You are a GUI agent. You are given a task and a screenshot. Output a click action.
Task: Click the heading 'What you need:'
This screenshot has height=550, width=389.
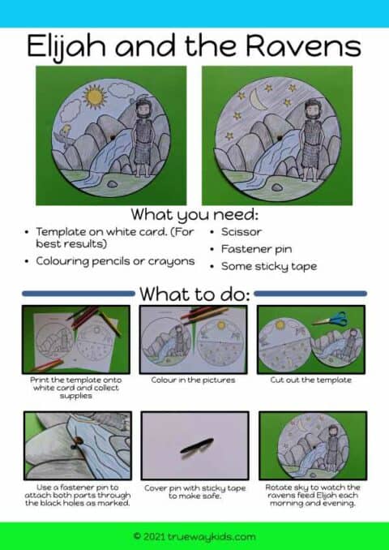(194, 215)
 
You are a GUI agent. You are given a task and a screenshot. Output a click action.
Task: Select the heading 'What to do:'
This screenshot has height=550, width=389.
(194, 293)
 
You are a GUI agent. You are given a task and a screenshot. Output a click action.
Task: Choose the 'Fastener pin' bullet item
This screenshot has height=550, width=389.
(258, 249)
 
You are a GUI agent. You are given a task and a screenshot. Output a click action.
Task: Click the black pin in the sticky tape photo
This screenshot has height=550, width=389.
(197, 445)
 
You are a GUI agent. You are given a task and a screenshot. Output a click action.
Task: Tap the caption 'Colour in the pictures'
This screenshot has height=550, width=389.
(194, 379)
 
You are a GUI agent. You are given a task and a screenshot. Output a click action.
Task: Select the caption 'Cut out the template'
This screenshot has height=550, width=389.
(312, 379)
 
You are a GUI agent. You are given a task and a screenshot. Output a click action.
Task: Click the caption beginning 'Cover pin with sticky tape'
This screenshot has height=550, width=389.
(194, 491)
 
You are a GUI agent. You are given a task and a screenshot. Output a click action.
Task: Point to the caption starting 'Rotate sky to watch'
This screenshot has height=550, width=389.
(312, 495)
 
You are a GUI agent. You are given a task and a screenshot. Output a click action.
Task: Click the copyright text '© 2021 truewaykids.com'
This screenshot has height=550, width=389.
(194, 536)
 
